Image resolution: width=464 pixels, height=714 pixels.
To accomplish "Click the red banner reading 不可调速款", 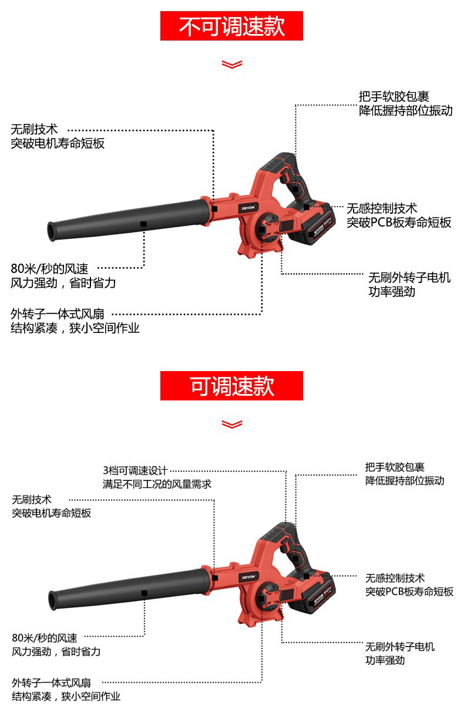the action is click(x=231, y=26).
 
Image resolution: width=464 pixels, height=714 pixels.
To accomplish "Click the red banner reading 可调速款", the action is click(x=231, y=386).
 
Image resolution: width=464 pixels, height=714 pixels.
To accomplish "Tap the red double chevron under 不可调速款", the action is click(x=232, y=64).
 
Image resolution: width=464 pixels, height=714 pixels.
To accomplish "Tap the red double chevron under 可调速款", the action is click(x=232, y=424).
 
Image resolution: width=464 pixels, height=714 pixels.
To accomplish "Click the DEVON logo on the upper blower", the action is click(x=248, y=208).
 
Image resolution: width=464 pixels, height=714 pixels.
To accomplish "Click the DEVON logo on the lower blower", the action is click(x=248, y=577).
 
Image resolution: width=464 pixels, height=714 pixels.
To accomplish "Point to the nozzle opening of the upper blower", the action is click(x=51, y=231).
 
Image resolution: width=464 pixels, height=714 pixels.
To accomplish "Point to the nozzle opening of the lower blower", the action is click(x=53, y=600).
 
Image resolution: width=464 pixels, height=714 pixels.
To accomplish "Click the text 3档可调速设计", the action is click(x=135, y=470).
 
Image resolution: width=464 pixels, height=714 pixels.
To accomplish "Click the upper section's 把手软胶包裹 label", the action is click(x=394, y=96).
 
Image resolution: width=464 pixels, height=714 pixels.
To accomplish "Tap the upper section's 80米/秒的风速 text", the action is click(x=49, y=269).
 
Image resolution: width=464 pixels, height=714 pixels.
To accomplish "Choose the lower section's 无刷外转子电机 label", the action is click(x=400, y=646).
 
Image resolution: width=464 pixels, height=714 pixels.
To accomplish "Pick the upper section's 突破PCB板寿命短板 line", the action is click(x=399, y=223).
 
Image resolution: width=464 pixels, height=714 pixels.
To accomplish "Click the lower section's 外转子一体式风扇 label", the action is click(x=51, y=683).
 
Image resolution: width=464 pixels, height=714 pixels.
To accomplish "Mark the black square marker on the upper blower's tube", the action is click(x=144, y=224).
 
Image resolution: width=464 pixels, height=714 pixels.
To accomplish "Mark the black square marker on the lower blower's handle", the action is click(x=295, y=558).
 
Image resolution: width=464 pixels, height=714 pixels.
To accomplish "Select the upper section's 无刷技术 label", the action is click(x=34, y=129).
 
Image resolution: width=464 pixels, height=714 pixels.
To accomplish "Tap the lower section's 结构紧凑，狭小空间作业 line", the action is click(x=66, y=696).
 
